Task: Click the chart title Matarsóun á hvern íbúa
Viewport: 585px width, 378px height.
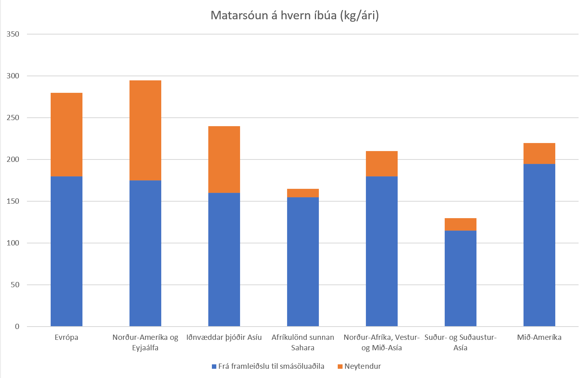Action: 294,16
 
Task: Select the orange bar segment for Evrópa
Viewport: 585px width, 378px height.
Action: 66,135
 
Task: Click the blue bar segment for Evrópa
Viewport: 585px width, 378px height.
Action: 66,251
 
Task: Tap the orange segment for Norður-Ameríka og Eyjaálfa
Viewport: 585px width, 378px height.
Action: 145,131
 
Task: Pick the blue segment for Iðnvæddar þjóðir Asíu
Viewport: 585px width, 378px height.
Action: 224,259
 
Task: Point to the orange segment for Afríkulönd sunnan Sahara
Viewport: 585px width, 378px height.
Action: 303,193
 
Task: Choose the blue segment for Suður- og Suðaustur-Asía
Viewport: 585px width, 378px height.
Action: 460,278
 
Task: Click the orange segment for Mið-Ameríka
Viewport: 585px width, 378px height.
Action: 539,153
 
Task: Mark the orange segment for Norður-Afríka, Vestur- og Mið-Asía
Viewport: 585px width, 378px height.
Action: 382,164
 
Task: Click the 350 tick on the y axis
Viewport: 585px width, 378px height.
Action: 13,34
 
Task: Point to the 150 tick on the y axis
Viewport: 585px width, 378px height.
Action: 13,201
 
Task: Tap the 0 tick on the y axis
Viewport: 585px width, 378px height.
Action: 17,327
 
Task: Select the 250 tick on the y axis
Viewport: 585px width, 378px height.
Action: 13,118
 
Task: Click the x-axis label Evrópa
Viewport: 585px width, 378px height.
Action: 66,337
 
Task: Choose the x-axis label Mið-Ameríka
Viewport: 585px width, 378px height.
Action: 539,337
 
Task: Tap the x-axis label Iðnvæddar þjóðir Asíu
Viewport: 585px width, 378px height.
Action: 224,337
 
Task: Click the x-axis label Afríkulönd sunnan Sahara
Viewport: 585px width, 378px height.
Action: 303,342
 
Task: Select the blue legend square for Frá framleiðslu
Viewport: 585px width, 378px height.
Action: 214,366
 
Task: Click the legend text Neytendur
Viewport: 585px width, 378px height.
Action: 362,366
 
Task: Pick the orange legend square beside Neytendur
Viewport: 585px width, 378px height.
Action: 340,366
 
